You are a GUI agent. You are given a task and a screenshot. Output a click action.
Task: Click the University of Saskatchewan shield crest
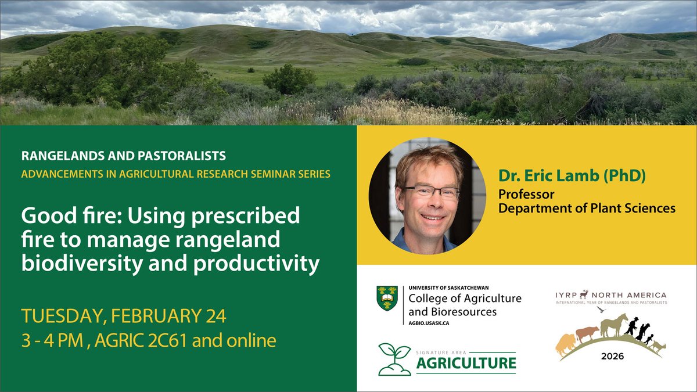click(387, 298)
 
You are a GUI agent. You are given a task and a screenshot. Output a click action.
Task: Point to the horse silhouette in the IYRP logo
click(615, 326)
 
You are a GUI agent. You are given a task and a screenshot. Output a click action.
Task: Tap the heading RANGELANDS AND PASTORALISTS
click(124, 156)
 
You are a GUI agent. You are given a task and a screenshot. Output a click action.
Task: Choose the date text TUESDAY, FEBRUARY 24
click(123, 317)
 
